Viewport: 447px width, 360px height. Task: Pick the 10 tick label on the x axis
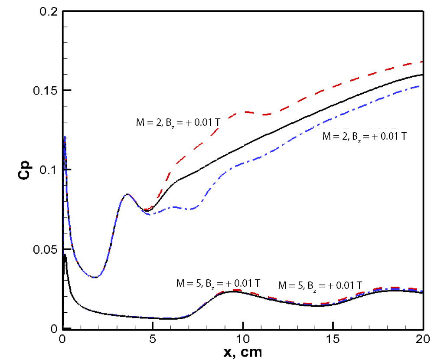click(243, 337)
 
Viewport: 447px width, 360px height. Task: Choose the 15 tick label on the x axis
click(333, 337)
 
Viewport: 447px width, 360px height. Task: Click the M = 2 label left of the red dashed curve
click(176, 122)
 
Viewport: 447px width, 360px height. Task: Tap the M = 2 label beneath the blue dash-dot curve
click(365, 136)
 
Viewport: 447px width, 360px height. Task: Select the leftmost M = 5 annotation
click(218, 284)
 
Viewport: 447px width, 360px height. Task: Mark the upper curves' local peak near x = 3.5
click(127, 194)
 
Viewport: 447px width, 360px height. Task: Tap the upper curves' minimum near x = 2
click(95, 277)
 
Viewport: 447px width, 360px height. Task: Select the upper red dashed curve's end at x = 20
click(423, 62)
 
